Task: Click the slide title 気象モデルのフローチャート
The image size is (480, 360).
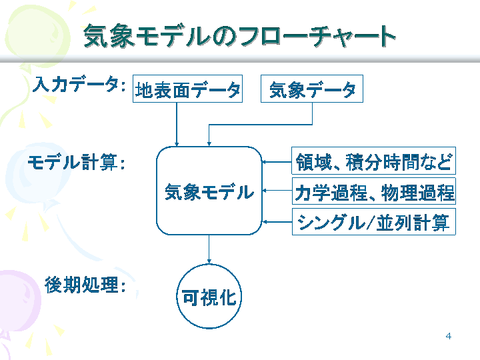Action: pyautogui.click(x=240, y=36)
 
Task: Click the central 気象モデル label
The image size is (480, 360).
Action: pyautogui.click(x=209, y=192)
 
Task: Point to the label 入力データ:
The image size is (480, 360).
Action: pyautogui.click(x=79, y=84)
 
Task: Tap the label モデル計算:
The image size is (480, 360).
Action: pyautogui.click(x=77, y=162)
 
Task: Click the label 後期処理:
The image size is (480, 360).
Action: pyautogui.click(x=85, y=285)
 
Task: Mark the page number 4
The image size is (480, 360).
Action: pyautogui.click(x=449, y=336)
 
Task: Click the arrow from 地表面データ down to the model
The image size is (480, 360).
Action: pyautogui.click(x=177, y=124)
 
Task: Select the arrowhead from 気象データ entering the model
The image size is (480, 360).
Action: pyautogui.click(x=209, y=143)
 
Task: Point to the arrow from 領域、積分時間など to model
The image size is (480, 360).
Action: pyautogui.click(x=277, y=161)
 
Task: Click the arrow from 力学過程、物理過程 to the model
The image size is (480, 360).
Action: pyautogui.click(x=277, y=191)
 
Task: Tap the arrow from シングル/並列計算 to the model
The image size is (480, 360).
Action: pyautogui.click(x=277, y=221)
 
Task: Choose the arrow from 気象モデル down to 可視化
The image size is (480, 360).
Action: pyautogui.click(x=209, y=249)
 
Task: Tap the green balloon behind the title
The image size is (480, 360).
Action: pyautogui.click(x=37, y=35)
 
